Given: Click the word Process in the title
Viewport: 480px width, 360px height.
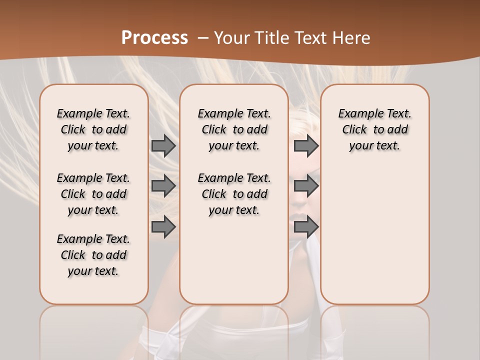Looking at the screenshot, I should (154, 37).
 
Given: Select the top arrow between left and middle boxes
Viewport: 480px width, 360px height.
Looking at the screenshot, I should (163, 145).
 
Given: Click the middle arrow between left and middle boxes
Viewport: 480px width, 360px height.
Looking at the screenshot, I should (163, 186).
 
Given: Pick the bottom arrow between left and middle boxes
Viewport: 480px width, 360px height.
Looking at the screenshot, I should (163, 227).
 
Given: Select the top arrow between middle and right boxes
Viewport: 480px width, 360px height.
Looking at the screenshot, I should (306, 145).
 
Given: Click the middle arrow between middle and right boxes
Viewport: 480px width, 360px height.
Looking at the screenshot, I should (306, 186).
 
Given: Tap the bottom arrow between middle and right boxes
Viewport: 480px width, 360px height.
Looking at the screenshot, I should (306, 227).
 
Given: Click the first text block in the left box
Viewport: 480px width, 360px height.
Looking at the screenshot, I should (93, 129).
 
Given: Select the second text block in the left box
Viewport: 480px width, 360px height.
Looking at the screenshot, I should (93, 194).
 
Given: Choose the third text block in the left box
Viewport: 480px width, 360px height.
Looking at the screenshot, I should (93, 255).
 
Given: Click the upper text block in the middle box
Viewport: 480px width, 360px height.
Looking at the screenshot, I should (234, 129).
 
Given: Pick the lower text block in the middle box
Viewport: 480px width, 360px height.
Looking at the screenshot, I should (234, 194).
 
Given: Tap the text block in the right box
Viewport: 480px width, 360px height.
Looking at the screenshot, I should (374, 129).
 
